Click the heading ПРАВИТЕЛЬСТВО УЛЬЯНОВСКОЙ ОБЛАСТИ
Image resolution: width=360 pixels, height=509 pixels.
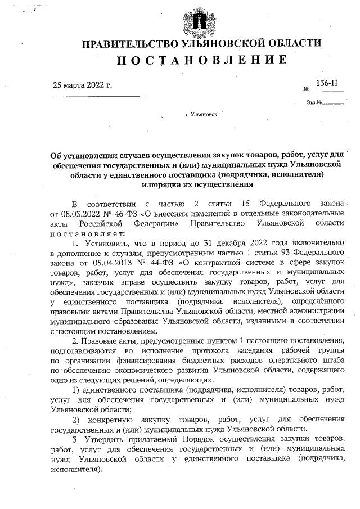click(202, 44)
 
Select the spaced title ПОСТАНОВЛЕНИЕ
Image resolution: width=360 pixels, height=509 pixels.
click(201, 60)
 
